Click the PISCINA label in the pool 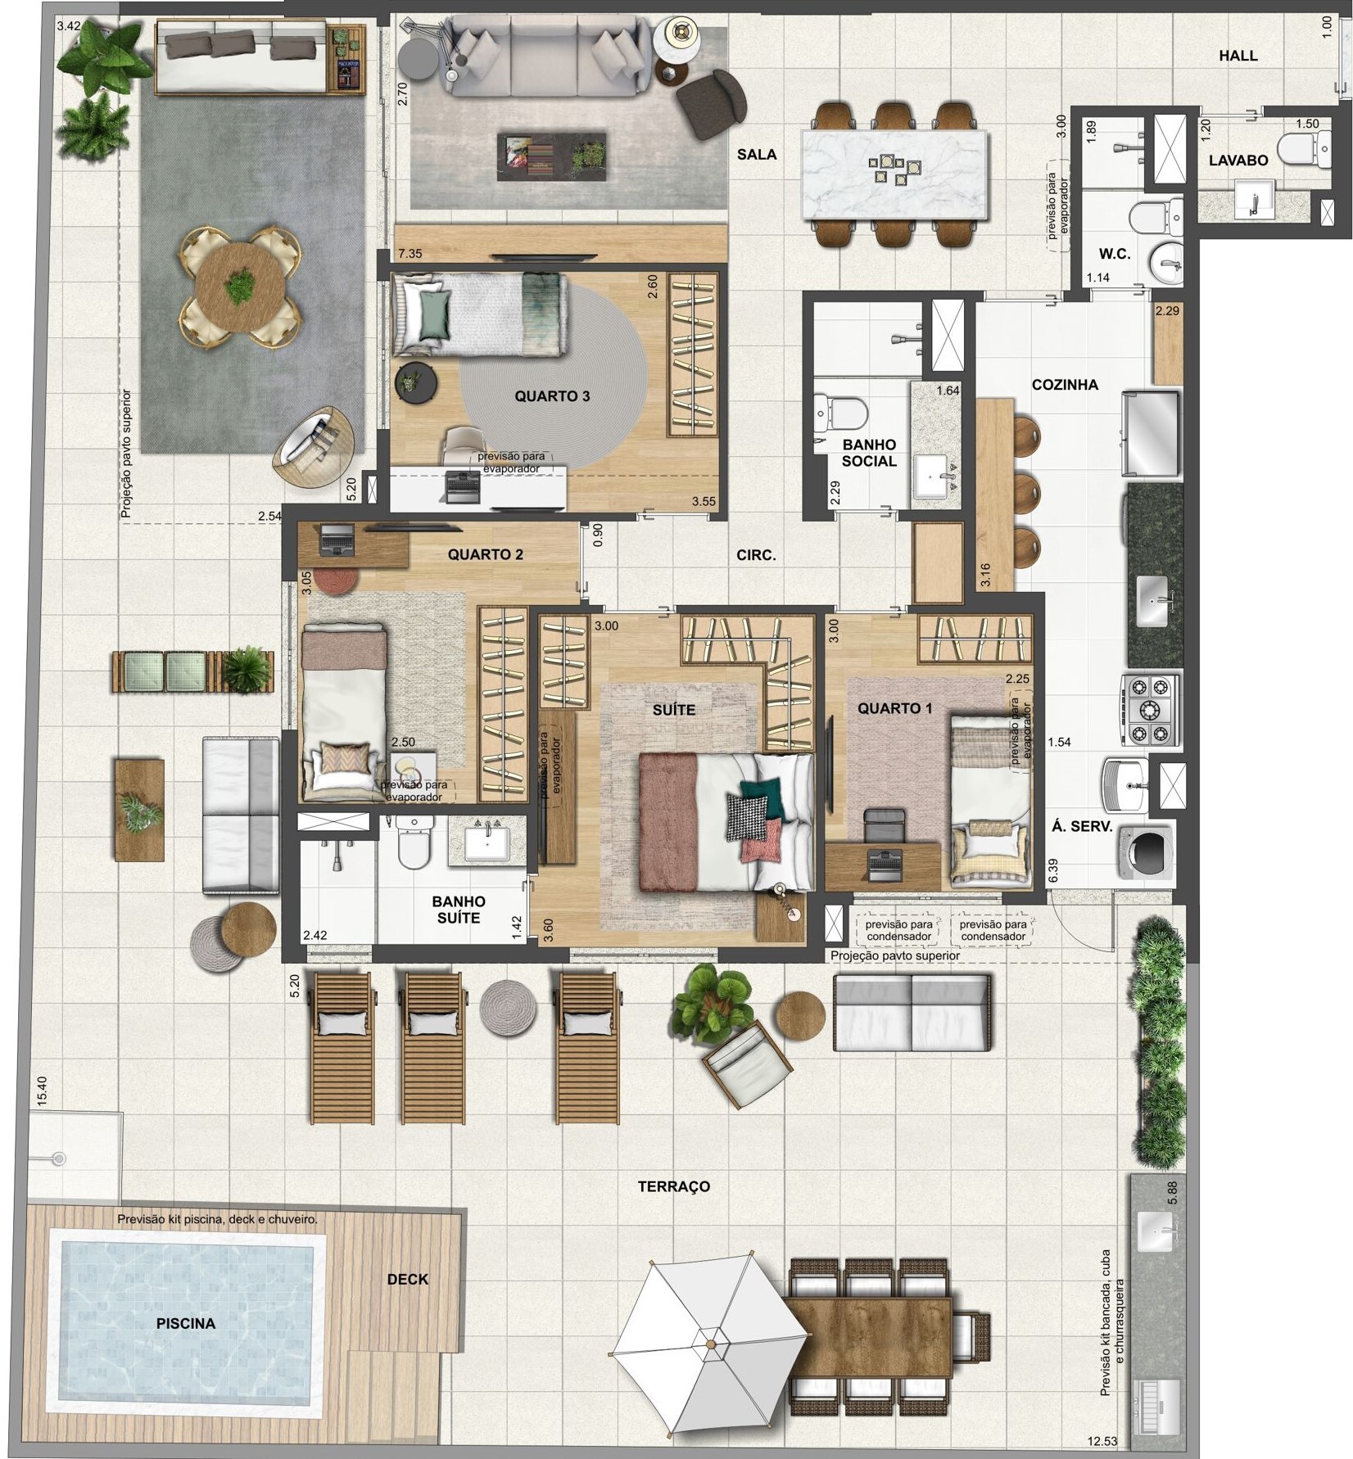186,1323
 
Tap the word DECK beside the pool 407,1279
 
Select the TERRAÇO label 673,1186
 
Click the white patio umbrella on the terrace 709,1344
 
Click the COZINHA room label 1065,385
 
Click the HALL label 1238,56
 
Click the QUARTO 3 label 551,396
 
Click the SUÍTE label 673,710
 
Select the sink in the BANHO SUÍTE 488,844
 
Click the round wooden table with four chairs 239,287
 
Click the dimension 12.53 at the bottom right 1102,1441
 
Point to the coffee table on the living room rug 551,156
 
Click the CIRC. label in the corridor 755,555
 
